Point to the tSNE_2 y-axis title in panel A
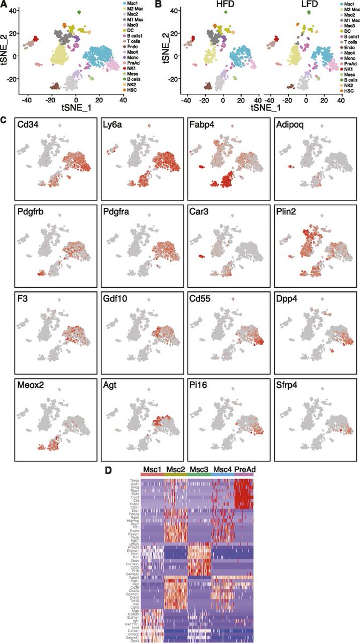pyautogui.click(x=5, y=46)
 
